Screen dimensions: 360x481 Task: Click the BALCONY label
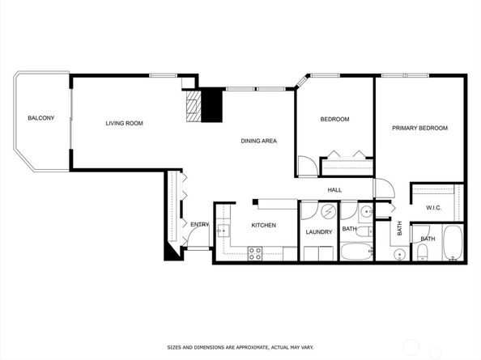point(40,119)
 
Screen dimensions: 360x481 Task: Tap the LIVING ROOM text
point(124,124)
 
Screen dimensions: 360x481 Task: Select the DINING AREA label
point(258,142)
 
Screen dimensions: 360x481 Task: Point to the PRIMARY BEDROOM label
point(419,129)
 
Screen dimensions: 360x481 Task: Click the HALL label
point(334,190)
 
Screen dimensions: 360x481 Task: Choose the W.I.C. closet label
point(435,208)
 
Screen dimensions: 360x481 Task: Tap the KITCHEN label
point(264,225)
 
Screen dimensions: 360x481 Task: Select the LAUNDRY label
point(318,232)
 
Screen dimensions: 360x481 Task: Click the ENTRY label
point(199,224)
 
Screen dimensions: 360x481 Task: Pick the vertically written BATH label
point(399,229)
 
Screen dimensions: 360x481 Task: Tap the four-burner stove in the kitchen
point(254,252)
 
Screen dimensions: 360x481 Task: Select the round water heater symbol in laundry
point(330,213)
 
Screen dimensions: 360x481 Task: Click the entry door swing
point(193,239)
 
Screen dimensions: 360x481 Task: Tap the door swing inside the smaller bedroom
point(305,165)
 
